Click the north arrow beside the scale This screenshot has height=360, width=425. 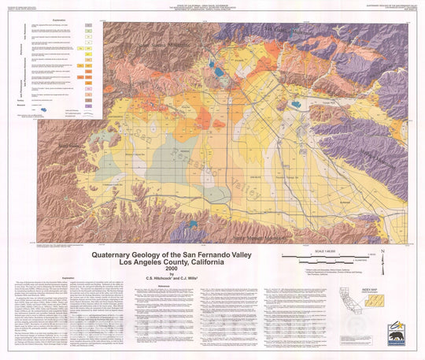[382, 255]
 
